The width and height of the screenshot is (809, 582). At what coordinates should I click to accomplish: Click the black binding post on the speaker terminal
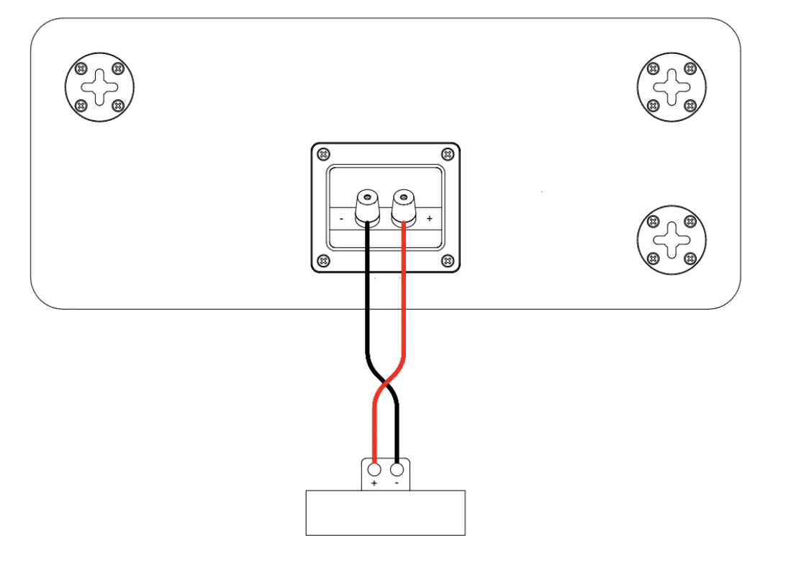click(x=367, y=208)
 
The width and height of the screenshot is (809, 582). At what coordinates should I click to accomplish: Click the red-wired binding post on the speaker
click(x=404, y=208)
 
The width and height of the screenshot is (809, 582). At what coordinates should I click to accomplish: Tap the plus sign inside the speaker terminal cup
click(x=429, y=219)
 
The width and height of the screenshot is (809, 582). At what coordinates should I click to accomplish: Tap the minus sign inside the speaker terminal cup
click(x=342, y=219)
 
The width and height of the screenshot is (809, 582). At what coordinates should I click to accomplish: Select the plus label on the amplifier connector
click(x=374, y=483)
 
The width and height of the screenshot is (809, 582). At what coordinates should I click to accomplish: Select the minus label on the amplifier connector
click(x=397, y=483)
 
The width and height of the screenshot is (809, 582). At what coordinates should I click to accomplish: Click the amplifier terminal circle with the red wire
click(x=374, y=470)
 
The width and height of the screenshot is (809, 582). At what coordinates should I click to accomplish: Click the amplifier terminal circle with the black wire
click(x=397, y=470)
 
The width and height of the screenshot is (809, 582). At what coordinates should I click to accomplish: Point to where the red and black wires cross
click(x=385, y=383)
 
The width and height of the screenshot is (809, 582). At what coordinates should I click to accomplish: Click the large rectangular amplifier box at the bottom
click(x=385, y=513)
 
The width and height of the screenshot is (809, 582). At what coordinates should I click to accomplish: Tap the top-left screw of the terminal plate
click(x=323, y=154)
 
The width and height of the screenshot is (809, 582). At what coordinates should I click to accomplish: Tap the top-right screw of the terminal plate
click(x=448, y=154)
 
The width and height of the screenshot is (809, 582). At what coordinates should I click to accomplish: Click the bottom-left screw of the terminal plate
click(x=323, y=261)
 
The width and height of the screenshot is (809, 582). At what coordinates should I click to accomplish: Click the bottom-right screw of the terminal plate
click(x=448, y=261)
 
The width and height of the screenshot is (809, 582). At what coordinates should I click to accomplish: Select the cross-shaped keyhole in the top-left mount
click(x=99, y=87)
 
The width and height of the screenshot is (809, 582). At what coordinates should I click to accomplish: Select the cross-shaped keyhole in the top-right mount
click(x=672, y=87)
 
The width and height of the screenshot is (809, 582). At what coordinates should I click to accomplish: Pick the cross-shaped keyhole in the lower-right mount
click(x=672, y=240)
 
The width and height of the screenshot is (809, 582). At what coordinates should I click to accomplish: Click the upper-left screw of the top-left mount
click(x=81, y=68)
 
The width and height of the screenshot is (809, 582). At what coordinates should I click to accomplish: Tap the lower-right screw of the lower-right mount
click(x=690, y=259)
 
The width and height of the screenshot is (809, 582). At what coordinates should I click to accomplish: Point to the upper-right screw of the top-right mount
click(x=690, y=68)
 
